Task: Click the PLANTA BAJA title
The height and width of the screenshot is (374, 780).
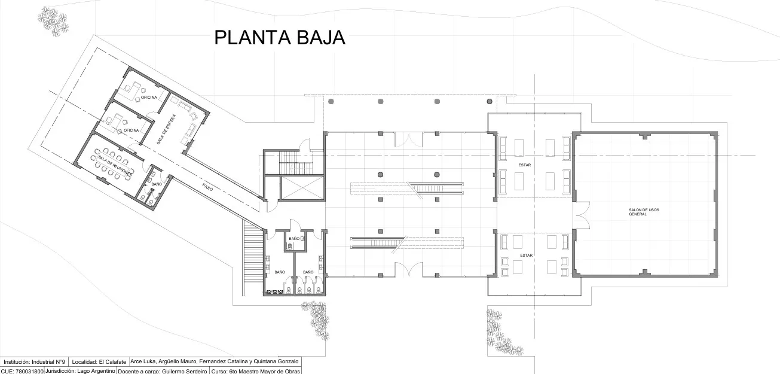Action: tap(280, 38)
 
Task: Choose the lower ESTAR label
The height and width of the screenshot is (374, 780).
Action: tap(526, 256)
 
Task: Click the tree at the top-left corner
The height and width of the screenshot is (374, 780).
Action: tap(54, 21)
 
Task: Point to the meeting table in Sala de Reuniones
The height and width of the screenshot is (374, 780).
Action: tap(111, 164)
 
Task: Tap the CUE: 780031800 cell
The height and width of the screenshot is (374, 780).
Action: tap(22, 371)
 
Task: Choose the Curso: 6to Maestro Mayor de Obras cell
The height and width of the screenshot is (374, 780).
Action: tap(255, 371)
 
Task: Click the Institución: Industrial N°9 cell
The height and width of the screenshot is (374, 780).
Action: tap(34, 362)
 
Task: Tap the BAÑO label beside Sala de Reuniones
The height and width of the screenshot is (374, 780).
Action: tap(156, 184)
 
